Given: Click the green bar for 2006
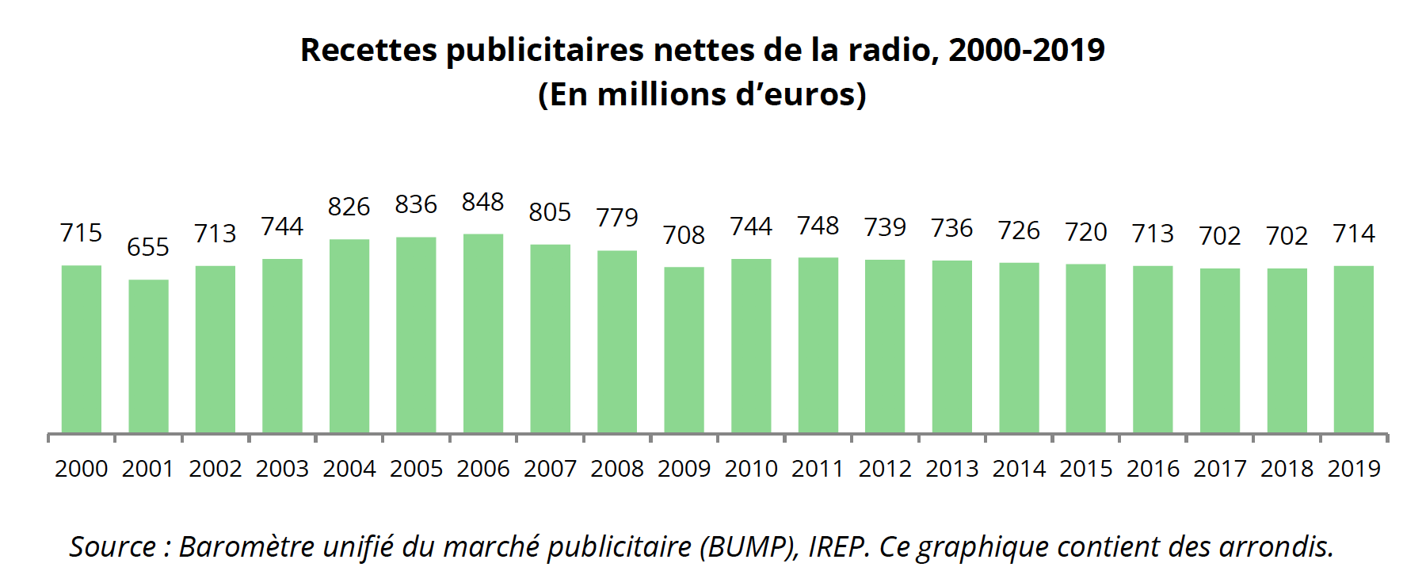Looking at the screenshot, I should click(x=483, y=333).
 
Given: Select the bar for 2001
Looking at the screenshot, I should click(x=148, y=356).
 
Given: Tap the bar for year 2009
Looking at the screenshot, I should click(x=684, y=350).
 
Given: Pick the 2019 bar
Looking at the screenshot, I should click(x=1354, y=349).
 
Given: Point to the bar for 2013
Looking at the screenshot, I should click(x=951, y=347).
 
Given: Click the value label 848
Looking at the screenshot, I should click(x=483, y=202).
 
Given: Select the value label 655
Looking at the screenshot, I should click(x=148, y=247).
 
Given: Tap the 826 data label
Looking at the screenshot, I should click(x=349, y=207).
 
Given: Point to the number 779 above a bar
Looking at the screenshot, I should click(x=617, y=217).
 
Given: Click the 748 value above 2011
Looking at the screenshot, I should click(x=818, y=226).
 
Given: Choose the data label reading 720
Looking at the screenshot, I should click(x=1086, y=232).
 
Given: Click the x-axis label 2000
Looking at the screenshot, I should click(x=82, y=469).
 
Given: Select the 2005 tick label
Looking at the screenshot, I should click(x=417, y=469).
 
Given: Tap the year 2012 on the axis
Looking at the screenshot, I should click(x=885, y=469).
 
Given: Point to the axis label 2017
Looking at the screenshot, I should click(x=1220, y=469).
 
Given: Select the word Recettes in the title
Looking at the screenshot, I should click(x=368, y=50).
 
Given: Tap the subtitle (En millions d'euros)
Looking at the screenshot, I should click(x=702, y=94).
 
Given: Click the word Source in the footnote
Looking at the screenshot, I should click(x=112, y=546).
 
